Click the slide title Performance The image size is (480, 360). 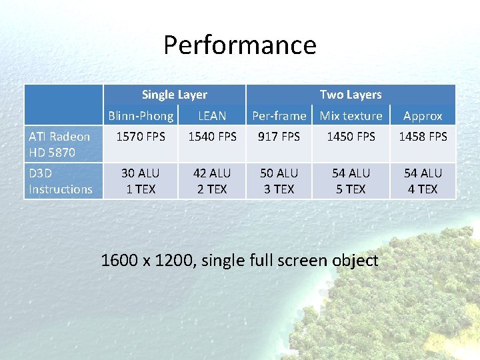[240, 45]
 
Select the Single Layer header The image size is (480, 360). [175, 95]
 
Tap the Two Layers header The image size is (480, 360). [351, 95]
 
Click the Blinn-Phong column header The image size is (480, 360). [141, 115]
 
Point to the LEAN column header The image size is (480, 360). [212, 115]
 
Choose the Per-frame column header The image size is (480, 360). [279, 115]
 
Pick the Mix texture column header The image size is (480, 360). [351, 115]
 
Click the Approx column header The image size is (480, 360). [423, 116]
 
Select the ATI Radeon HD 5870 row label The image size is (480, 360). [59, 144]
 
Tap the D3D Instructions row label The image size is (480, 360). [60, 181]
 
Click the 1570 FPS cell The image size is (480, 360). [141, 137]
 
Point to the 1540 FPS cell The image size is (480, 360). [212, 137]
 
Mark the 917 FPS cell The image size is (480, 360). [279, 137]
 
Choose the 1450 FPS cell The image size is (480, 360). [351, 137]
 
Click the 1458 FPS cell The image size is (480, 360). [423, 137]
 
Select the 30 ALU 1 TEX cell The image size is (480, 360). [141, 181]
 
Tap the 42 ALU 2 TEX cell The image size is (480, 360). [212, 181]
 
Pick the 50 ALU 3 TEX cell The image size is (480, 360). [279, 181]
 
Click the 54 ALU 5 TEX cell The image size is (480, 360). [351, 181]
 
